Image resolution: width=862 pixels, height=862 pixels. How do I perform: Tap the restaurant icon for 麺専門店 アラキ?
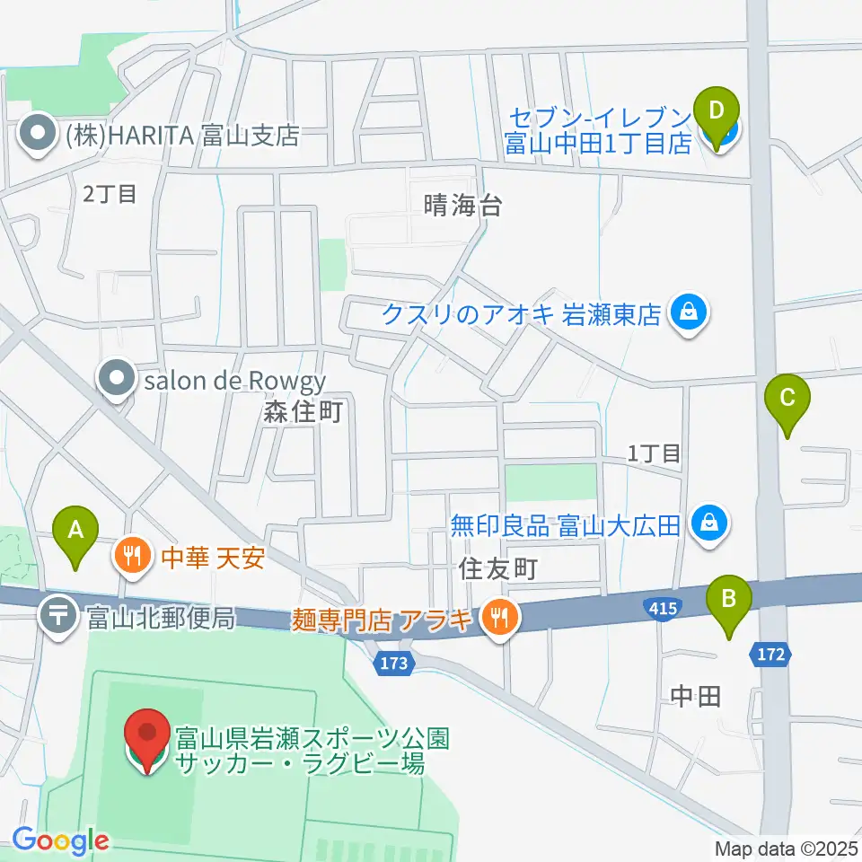point(495,618)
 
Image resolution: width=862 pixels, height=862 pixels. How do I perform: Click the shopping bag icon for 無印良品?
point(709,523)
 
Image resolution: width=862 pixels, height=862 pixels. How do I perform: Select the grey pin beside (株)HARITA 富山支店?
point(37,136)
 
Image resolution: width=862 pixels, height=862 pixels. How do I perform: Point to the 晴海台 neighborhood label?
point(462,206)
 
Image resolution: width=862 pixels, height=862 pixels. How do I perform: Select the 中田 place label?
point(696,696)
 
